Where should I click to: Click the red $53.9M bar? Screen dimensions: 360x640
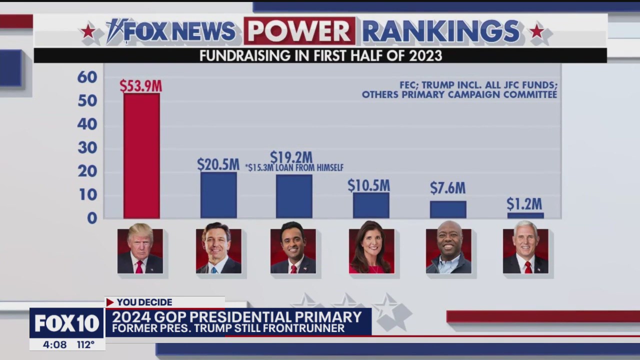141,155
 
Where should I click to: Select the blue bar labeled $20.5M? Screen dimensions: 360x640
218,195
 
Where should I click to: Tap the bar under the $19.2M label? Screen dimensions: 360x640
294,196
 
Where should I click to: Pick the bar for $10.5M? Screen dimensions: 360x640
371,205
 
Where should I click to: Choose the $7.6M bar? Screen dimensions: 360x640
448,209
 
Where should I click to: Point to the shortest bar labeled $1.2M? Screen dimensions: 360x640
525,215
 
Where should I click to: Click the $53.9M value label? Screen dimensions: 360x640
140,86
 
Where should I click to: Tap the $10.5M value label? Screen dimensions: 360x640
368,185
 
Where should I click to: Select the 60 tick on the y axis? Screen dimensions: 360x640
87,77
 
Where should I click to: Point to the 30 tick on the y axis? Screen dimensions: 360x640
87,148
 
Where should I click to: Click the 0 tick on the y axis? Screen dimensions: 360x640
92,218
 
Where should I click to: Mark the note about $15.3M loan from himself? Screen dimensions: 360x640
294,168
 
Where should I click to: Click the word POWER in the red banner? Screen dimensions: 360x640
299,31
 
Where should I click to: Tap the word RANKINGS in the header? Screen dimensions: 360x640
441,31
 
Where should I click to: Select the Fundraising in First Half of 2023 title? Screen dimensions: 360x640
320,55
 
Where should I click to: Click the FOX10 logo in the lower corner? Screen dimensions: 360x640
66,323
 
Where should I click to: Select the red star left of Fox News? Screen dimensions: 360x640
88,31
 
